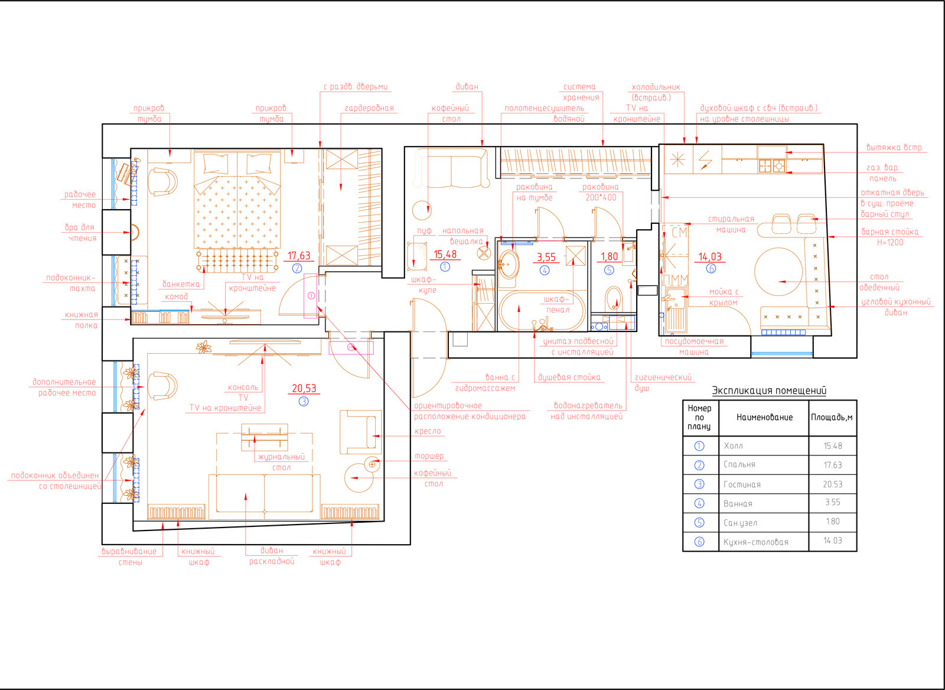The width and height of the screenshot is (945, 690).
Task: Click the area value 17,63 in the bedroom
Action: [x=299, y=256]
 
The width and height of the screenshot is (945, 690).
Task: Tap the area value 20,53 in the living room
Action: [x=304, y=388]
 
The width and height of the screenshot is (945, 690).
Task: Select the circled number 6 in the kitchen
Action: [x=711, y=268]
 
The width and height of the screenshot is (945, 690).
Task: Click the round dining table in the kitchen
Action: [x=778, y=271]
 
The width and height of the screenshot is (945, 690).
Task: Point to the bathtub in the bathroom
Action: [x=542, y=311]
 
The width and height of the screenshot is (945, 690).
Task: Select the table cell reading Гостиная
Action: [x=742, y=484]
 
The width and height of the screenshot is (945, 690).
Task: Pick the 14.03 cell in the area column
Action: [x=832, y=541]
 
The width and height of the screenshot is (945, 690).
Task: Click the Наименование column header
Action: [x=764, y=418]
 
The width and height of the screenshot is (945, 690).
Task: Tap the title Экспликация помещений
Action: [x=769, y=390]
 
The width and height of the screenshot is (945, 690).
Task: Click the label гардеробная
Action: [x=369, y=108]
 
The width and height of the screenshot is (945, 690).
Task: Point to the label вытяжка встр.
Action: [x=894, y=147]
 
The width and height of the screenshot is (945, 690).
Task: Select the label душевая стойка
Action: [x=569, y=377]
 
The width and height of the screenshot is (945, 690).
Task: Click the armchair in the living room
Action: [x=361, y=432]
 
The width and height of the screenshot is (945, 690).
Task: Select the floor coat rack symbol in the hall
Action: [x=484, y=253]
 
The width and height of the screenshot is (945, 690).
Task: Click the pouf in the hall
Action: [x=416, y=256]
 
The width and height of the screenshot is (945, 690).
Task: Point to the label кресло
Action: [x=428, y=431]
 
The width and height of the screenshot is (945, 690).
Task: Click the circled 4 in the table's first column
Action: [x=699, y=503]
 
